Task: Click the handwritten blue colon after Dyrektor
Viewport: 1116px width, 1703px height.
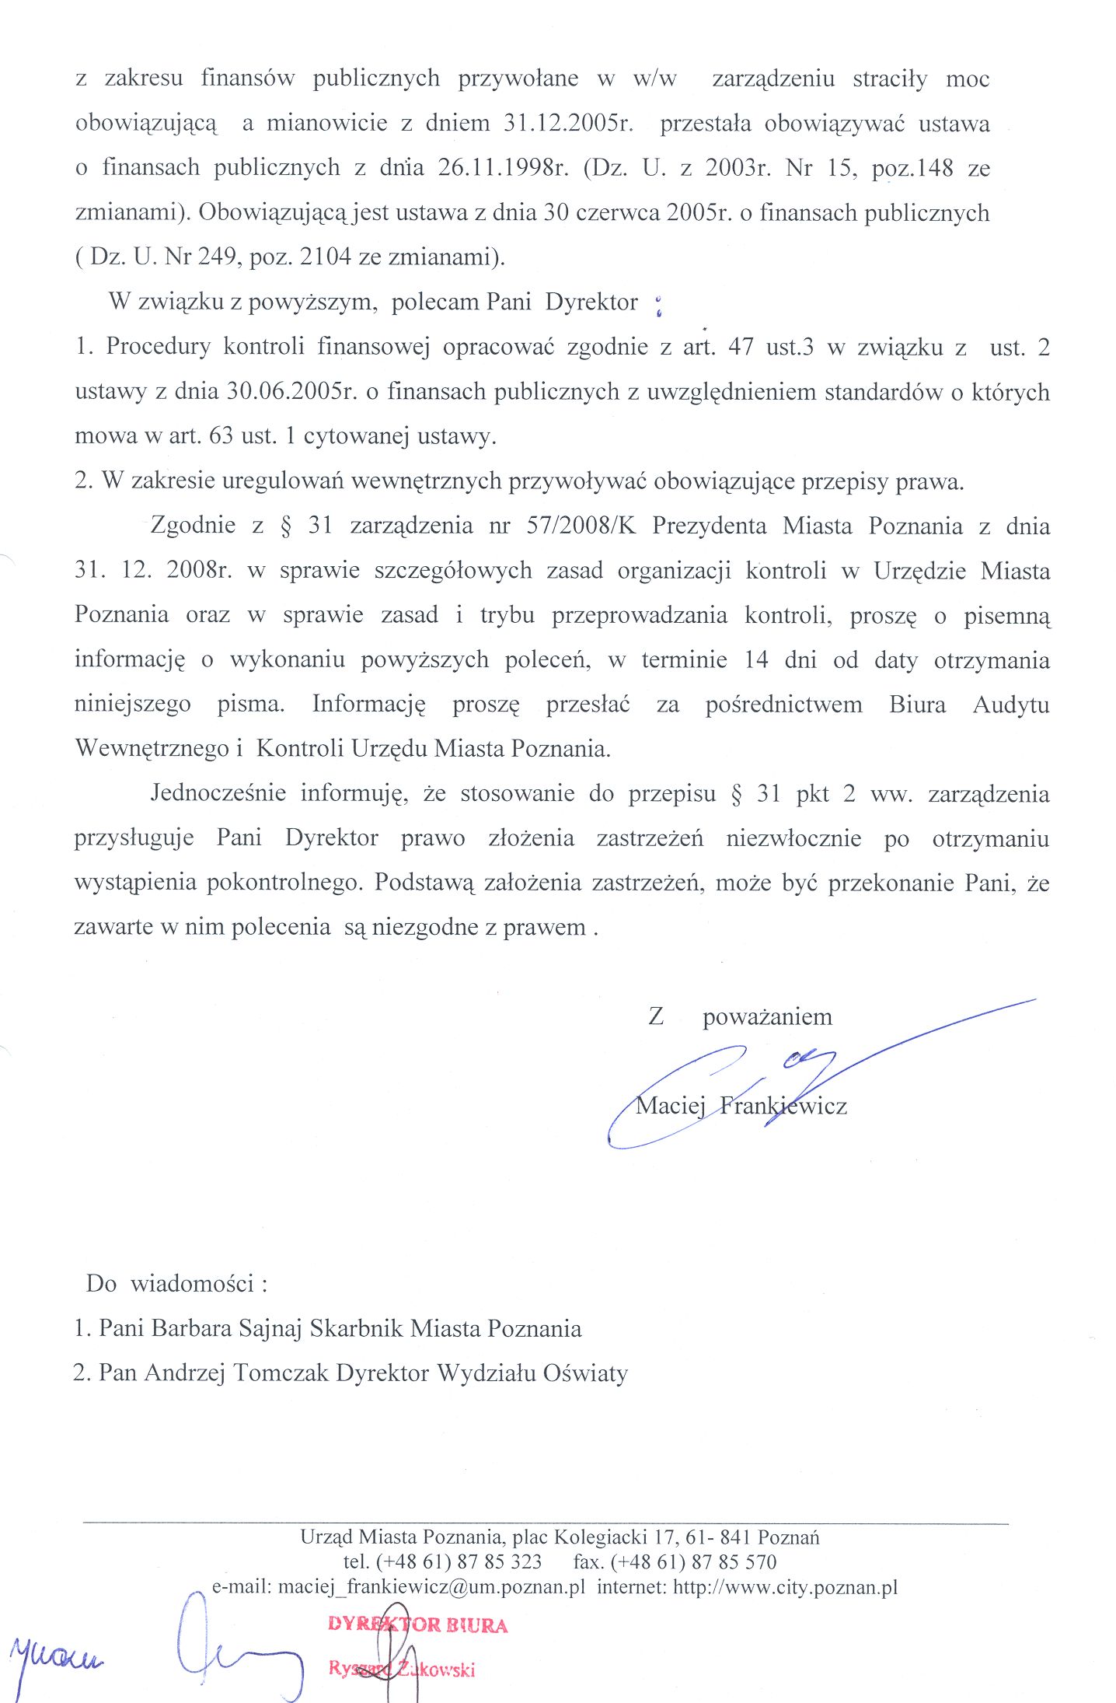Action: tap(659, 306)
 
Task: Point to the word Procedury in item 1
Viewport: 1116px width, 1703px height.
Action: tap(158, 347)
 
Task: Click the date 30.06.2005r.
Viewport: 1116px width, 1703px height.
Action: tap(291, 391)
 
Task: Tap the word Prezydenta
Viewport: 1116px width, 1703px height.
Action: tap(709, 526)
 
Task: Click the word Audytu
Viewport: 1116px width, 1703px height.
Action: tap(1010, 705)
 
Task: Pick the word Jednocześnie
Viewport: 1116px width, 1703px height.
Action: tap(218, 793)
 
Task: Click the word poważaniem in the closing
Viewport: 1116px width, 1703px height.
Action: tap(767, 1017)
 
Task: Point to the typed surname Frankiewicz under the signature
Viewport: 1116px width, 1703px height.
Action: tap(783, 1106)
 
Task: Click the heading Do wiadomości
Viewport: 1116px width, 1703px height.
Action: tap(176, 1283)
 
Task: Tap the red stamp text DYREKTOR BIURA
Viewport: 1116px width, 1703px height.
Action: tap(417, 1624)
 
